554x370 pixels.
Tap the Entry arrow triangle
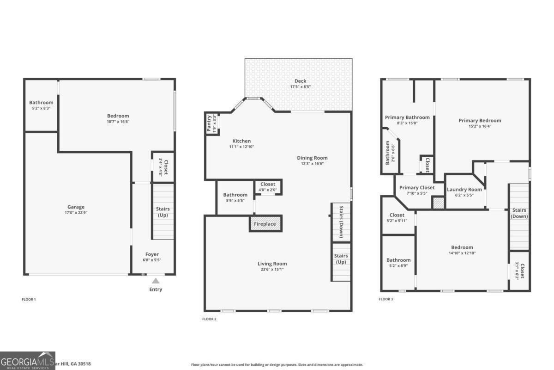click(156, 281)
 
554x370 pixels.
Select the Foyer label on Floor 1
click(152, 254)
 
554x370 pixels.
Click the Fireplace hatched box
click(265, 224)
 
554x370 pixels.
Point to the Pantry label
click(209, 124)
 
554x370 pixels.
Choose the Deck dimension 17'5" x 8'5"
click(300, 87)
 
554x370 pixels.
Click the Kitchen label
click(241, 141)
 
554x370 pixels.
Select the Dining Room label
click(312, 158)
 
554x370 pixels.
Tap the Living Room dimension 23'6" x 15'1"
click(272, 269)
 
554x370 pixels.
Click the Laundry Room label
click(464, 189)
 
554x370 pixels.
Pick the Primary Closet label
click(416, 187)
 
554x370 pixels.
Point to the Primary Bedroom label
click(480, 120)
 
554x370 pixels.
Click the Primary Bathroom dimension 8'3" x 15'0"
click(407, 123)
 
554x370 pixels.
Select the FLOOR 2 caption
click(209, 319)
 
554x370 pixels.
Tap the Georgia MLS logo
click(28, 360)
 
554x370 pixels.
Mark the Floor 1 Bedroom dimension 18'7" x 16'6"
click(118, 122)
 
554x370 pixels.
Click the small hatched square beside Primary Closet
click(438, 203)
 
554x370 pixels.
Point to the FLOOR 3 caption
click(386, 299)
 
